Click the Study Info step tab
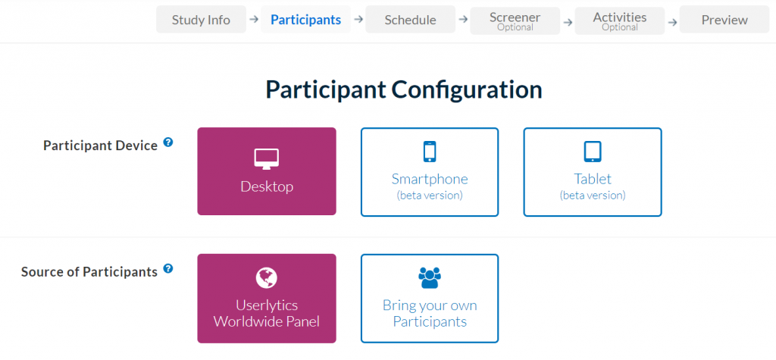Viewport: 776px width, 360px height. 201,20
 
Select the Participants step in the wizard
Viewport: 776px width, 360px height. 305,20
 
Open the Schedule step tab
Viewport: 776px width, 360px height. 410,20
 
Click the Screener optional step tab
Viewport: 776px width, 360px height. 515,20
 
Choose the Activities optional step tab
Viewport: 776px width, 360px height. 620,20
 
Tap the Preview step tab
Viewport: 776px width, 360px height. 724,20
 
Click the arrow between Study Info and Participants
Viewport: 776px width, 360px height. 253,20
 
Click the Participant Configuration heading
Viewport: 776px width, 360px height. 403,89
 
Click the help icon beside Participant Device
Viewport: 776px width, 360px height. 168,142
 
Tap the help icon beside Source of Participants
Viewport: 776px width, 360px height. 168,268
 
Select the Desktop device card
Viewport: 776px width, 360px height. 267,171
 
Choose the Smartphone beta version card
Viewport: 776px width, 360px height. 430,171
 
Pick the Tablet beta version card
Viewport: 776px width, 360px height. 593,171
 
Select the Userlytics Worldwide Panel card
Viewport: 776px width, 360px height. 267,298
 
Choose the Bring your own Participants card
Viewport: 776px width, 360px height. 430,298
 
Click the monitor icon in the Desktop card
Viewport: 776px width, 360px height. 267,158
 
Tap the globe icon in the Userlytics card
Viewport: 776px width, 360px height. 267,277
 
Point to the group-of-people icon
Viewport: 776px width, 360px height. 430,278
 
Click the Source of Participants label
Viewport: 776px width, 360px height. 89,271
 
